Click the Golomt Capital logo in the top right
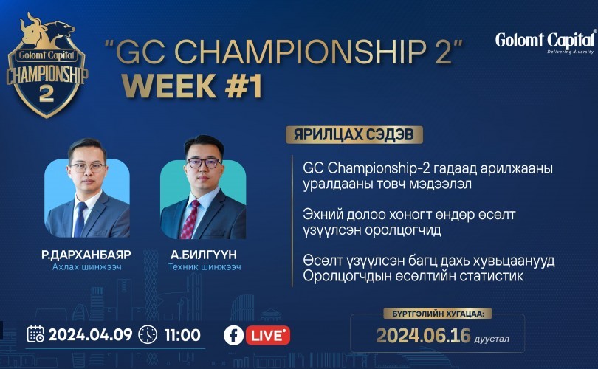[546, 41]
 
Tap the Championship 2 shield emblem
[47, 65]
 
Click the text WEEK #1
[192, 86]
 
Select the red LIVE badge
[268, 336]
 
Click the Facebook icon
[233, 336]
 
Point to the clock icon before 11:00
[148, 335]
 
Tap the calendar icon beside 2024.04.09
[35, 334]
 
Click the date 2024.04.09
[90, 335]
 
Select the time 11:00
[182, 335]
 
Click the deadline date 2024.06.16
[424, 336]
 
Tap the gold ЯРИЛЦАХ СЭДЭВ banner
[354, 134]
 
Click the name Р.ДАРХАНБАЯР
[86, 255]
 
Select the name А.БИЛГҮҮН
[204, 255]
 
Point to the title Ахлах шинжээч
[87, 267]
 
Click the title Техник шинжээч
[205, 267]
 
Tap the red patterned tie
[190, 219]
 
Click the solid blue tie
[80, 220]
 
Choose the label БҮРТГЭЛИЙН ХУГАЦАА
[439, 314]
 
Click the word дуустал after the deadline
[492, 339]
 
